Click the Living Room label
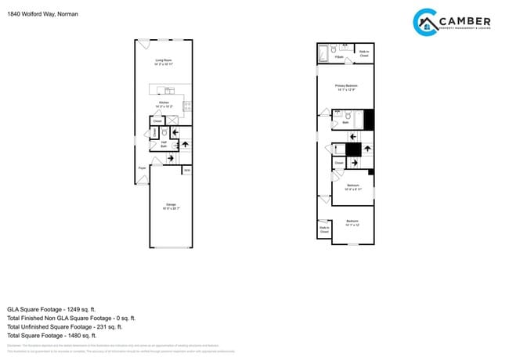click(164, 61)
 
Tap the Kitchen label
click(164, 103)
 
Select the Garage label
click(170, 205)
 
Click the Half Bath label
click(164, 143)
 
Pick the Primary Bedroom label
click(346, 86)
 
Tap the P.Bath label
click(338, 57)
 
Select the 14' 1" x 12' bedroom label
click(352, 223)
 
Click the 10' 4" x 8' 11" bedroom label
click(353, 186)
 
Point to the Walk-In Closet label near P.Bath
click(364, 54)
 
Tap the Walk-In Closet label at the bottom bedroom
click(323, 229)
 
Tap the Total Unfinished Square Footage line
click(71, 327)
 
